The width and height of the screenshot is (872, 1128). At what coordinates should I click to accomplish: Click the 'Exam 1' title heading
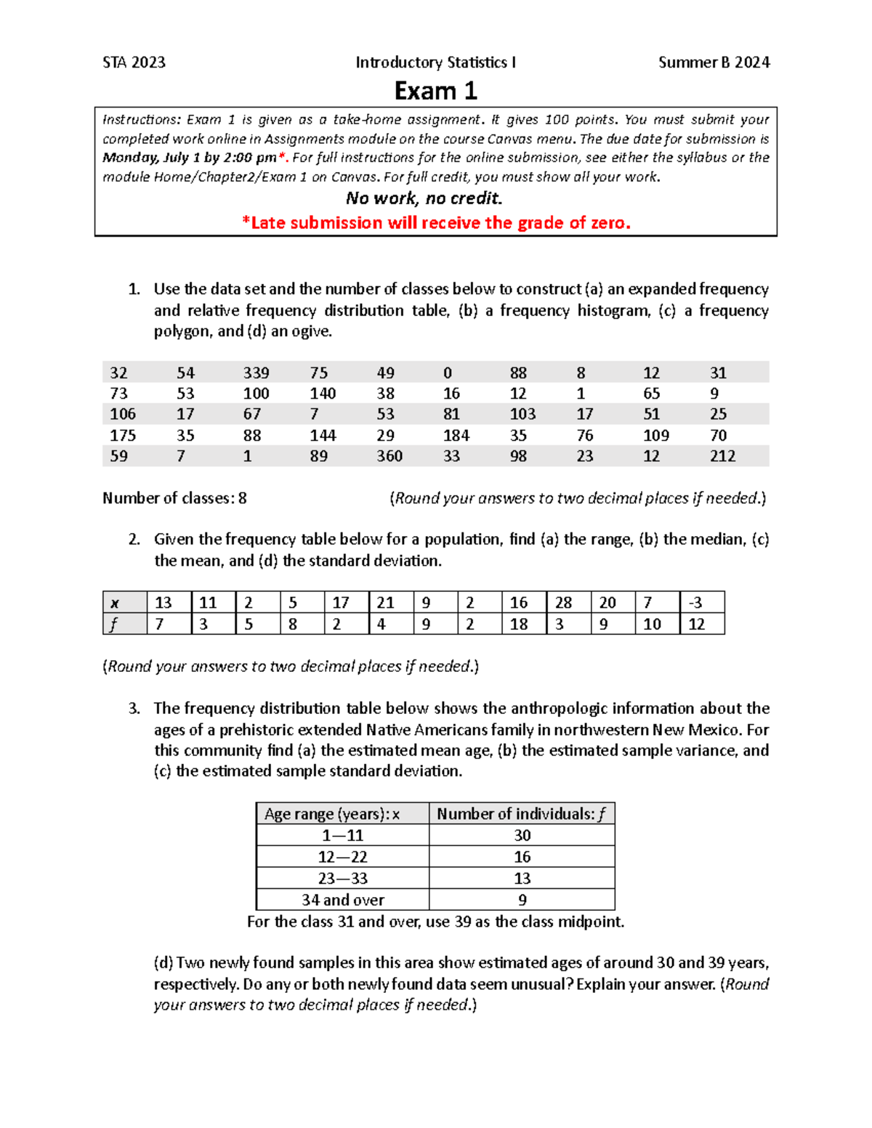coord(435,91)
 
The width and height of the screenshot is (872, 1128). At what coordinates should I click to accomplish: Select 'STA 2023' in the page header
coord(134,62)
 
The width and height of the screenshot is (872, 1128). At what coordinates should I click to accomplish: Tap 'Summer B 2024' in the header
coord(714,62)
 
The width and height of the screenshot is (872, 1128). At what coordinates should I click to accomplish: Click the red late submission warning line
coord(436,223)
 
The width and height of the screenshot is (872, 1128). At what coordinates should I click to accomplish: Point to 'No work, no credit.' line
coord(424,198)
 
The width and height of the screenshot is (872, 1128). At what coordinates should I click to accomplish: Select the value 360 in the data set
coord(389,456)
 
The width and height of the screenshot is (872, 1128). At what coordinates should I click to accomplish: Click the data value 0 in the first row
coord(447,373)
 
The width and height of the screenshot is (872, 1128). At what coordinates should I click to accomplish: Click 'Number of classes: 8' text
coord(174,498)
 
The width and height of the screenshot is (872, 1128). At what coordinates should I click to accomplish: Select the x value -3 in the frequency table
coord(695,603)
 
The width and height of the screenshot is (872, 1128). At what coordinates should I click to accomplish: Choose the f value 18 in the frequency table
coord(519,624)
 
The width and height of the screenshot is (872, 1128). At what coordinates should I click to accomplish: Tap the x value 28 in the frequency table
coord(563,603)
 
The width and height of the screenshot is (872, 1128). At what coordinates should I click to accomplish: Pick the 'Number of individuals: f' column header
coord(521,814)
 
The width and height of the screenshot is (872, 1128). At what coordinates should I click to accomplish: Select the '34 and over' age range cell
coord(342,900)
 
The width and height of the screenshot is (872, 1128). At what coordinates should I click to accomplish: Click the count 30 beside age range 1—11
coord(522,835)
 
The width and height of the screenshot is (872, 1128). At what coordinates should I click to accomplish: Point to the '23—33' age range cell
coord(342,878)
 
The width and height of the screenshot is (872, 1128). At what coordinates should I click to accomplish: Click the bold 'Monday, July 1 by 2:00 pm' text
coord(189,158)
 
